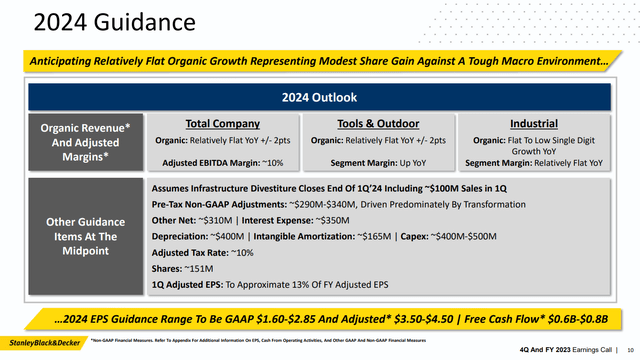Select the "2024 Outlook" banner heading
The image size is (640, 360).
[x=319, y=98]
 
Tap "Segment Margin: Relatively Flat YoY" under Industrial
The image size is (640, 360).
[x=534, y=162]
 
